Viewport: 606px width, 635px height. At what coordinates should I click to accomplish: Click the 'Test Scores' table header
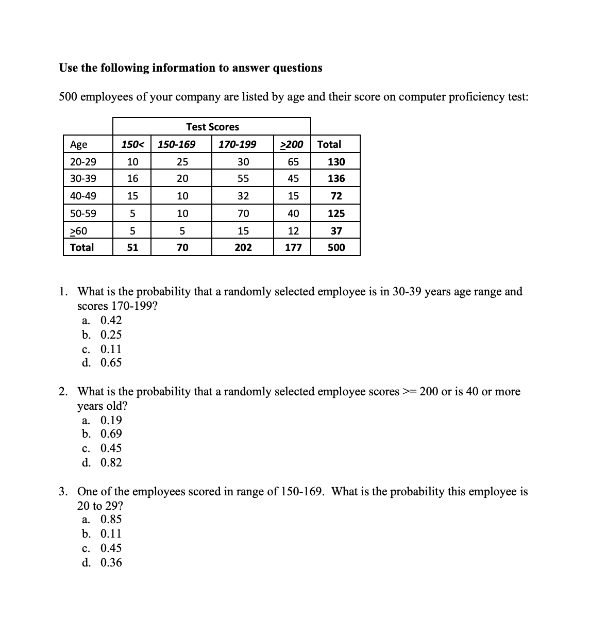click(x=212, y=127)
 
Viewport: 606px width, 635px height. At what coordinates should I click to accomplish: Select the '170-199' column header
click(x=237, y=144)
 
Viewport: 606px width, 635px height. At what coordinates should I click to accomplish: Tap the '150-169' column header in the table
click(x=176, y=144)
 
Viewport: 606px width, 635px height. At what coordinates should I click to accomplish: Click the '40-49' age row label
click(x=83, y=196)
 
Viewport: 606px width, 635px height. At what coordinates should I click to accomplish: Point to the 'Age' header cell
click(x=79, y=144)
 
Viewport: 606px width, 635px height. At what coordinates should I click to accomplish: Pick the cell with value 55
click(x=243, y=179)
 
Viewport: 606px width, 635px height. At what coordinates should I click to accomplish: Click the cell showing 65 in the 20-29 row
click(x=293, y=162)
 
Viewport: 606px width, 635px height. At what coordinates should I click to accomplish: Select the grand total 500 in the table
click(x=336, y=247)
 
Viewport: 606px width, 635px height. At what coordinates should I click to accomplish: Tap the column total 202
click(x=243, y=247)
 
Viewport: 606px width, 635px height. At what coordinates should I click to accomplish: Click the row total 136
click(x=336, y=179)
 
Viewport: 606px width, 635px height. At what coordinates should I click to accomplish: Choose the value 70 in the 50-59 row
click(x=243, y=213)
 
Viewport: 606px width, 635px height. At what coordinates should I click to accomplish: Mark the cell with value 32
click(x=243, y=196)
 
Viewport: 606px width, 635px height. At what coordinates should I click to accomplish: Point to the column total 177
click(x=293, y=247)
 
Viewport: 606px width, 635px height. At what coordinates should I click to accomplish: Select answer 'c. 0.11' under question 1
click(x=102, y=349)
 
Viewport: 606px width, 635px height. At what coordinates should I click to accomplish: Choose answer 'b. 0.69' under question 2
click(x=102, y=434)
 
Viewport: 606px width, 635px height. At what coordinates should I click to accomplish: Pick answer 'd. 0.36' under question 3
click(x=102, y=563)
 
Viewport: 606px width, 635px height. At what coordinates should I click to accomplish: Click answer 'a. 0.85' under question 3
click(x=102, y=520)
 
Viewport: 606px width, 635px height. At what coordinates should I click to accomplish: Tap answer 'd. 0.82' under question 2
click(x=102, y=463)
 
